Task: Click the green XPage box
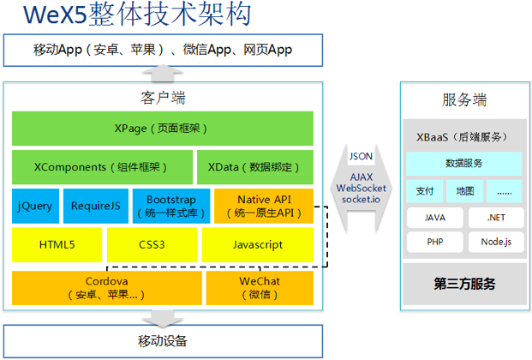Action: point(162,129)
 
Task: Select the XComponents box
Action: point(102,167)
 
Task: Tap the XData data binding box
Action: point(254,167)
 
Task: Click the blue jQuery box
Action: point(35,206)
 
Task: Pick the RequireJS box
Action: point(93,206)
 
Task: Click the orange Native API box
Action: point(263,206)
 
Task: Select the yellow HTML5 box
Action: point(57,244)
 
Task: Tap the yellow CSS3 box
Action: point(151,244)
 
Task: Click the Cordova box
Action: point(107,288)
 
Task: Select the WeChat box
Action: point(259,288)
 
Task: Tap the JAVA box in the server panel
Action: point(434,218)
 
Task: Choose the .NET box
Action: point(495,218)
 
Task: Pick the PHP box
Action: point(434,242)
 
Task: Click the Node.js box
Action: point(495,242)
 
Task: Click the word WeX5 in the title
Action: point(55,15)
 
